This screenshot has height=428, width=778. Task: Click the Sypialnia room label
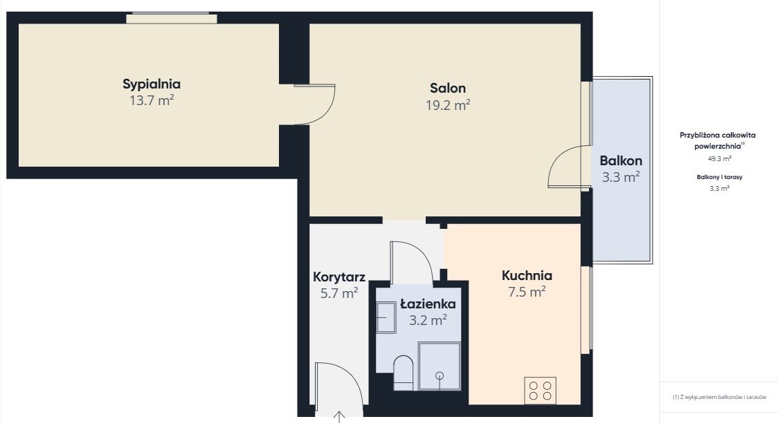pos(152,85)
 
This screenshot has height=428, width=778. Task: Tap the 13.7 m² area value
pos(152,100)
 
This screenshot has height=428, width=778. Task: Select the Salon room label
pos(448,89)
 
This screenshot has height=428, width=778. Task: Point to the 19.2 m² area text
pos(448,105)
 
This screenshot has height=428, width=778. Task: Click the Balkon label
pos(621,160)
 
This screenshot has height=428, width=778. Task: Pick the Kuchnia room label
pos(527,275)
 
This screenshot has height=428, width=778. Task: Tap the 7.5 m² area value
pos(527,292)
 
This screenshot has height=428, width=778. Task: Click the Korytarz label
pos(339,277)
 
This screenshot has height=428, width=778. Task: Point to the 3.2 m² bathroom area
pos(428,320)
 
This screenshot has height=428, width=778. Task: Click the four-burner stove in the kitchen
pos(541,391)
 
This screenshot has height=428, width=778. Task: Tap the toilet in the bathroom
pos(403,373)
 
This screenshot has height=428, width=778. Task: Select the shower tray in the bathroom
pos(439,366)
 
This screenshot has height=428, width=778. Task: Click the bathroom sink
pos(386,317)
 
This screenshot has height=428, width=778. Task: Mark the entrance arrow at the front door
pos(339,417)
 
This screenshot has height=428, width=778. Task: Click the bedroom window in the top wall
pos(172,19)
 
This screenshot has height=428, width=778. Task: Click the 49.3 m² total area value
pos(719,159)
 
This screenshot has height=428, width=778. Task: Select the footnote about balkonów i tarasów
pos(719,398)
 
